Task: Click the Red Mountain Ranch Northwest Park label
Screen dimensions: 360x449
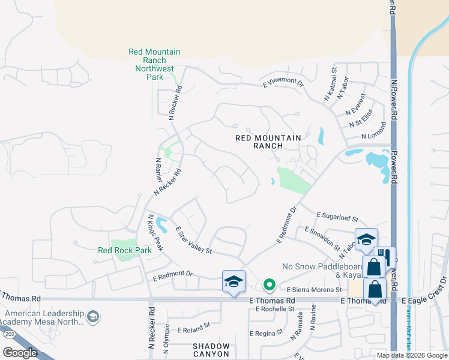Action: click(x=154, y=65)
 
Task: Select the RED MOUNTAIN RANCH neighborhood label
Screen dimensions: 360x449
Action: click(x=267, y=142)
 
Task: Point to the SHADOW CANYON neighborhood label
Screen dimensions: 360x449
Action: click(x=211, y=350)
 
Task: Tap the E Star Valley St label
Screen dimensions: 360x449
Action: click(x=194, y=239)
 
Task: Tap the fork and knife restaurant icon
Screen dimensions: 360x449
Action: click(x=385, y=258)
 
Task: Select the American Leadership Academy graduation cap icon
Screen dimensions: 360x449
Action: click(x=92, y=316)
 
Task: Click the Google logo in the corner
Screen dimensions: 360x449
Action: click(x=20, y=353)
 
